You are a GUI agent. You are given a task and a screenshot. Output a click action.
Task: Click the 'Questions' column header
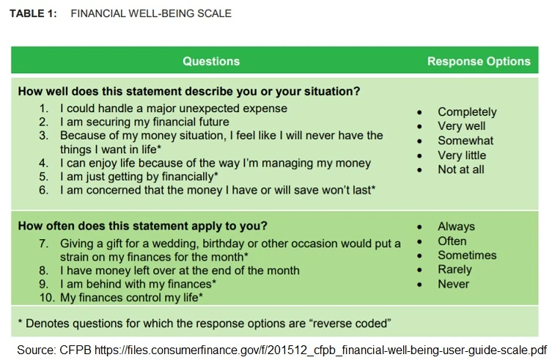[x=211, y=62]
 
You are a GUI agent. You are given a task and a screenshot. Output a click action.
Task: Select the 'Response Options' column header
[x=479, y=62]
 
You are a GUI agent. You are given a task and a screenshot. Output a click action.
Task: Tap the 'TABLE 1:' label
[x=33, y=13]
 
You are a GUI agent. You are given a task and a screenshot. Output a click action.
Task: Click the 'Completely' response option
[x=467, y=112]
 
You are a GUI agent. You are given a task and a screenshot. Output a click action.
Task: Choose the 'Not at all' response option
[x=461, y=169]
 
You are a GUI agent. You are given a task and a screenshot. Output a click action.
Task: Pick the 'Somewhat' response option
[x=465, y=141]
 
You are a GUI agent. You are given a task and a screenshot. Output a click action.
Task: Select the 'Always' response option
[x=456, y=227]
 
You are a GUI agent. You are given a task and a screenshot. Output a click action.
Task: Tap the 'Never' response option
[x=453, y=284]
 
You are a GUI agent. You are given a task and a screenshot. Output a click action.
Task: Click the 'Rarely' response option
[x=454, y=269]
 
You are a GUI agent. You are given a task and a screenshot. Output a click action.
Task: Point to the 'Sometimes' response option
[x=467, y=255]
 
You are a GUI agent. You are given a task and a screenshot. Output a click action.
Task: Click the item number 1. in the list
[x=43, y=109]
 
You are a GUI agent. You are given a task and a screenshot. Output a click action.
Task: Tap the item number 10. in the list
[x=47, y=298]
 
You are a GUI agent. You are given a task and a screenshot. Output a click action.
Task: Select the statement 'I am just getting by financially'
[x=139, y=177]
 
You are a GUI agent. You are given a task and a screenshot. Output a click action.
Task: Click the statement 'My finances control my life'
[x=131, y=298]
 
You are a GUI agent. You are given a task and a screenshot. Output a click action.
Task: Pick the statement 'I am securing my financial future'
[x=144, y=122]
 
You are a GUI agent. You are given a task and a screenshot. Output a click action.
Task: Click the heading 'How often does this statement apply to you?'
[x=142, y=226]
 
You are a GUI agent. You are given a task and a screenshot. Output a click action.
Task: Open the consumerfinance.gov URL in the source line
[x=323, y=350]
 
